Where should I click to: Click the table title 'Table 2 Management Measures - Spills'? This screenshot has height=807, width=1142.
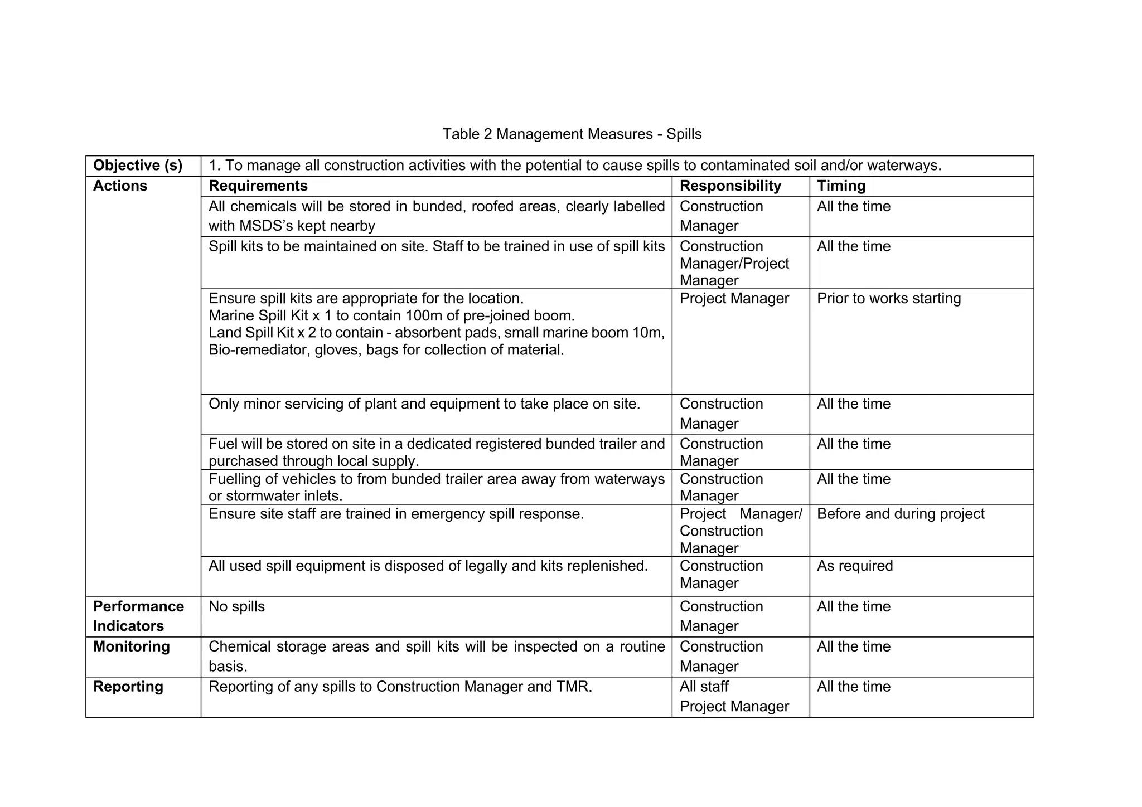572,134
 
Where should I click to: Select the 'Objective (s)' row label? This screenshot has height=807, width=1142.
138,166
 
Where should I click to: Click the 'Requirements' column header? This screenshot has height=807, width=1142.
258,186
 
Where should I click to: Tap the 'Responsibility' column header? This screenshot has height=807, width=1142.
730,186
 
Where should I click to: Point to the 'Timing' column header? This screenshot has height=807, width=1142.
841,186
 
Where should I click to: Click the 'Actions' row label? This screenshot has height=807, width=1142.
120,186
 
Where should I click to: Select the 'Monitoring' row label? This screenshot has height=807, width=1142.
131,646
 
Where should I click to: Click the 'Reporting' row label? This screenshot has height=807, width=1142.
128,687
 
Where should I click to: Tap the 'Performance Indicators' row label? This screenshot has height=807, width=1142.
138,616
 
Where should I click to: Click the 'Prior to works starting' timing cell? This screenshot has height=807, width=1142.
889,299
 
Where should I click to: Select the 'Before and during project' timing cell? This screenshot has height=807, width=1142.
901,514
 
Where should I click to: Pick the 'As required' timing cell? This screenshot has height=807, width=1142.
854,566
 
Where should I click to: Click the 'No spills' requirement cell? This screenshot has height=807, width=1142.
236,607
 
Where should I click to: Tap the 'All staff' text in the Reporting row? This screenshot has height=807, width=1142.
704,687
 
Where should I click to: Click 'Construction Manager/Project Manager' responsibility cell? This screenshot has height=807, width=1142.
734,264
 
